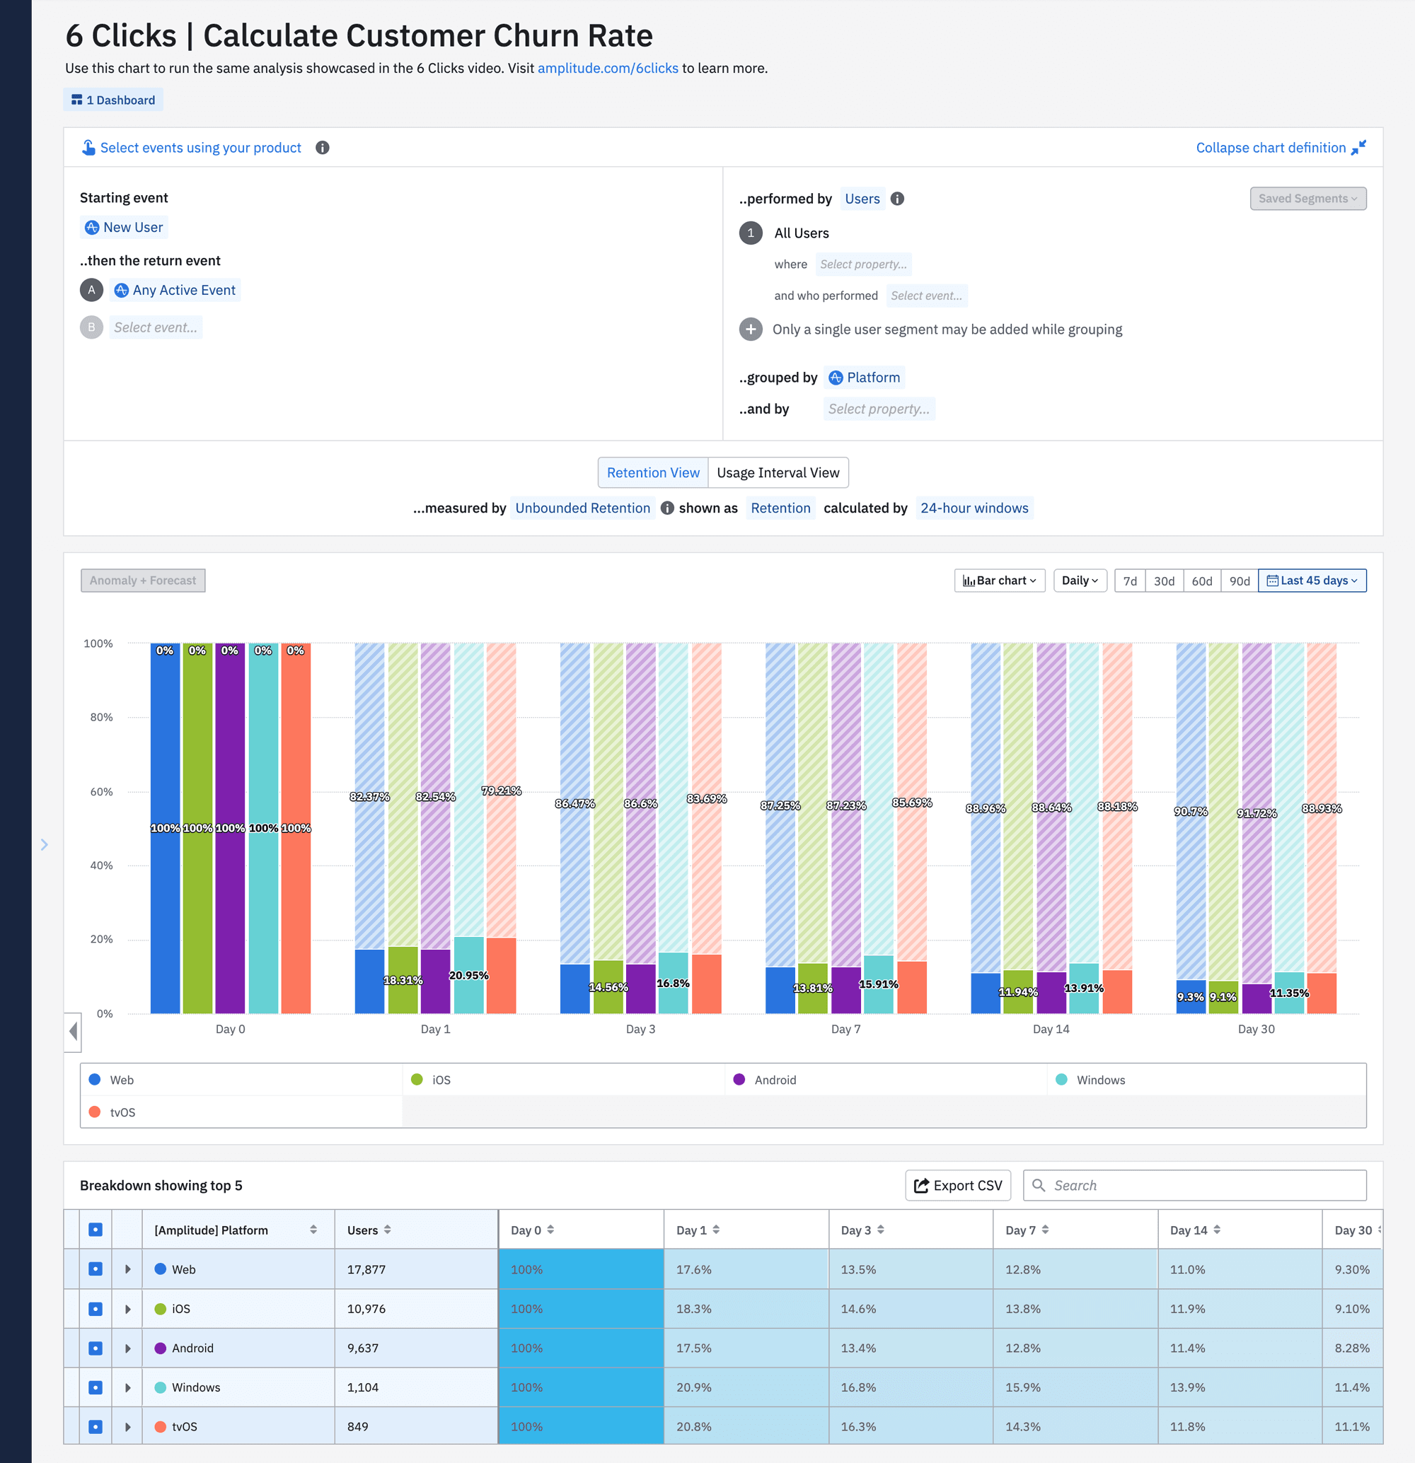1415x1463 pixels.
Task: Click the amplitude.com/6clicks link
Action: (607, 68)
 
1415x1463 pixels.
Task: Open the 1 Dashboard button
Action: (113, 100)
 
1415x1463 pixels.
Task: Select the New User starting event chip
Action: (124, 227)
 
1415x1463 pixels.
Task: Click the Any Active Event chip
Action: (175, 290)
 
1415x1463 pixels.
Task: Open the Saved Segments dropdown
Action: (1307, 199)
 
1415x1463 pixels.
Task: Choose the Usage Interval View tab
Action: (778, 472)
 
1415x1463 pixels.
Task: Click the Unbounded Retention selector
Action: (582, 508)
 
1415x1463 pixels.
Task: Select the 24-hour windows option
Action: (974, 508)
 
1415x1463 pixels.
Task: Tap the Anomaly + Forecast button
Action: (143, 581)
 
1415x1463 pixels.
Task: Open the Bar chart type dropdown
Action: (999, 581)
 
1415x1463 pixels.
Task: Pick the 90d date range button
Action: (1239, 581)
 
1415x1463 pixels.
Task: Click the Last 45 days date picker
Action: (1312, 581)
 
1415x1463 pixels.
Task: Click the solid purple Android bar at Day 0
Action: (230, 896)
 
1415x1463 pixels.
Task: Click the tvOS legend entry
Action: (122, 1112)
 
